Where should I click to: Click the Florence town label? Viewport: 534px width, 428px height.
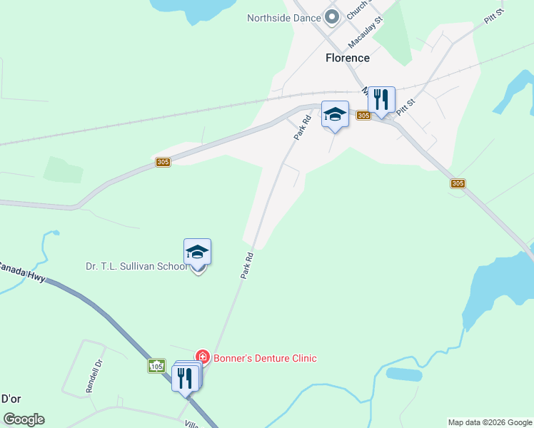tap(348, 58)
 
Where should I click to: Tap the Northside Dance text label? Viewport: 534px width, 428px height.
tap(283, 18)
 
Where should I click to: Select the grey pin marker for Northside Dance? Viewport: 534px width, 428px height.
tap(331, 16)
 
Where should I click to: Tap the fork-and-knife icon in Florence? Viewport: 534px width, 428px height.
tap(381, 99)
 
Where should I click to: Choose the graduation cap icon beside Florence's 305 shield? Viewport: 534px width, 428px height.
tap(335, 114)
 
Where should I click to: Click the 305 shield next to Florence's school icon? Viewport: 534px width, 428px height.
tap(363, 116)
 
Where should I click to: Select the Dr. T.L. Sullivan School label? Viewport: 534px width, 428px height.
tap(136, 267)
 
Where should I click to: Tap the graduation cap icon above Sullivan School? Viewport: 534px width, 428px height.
tap(197, 251)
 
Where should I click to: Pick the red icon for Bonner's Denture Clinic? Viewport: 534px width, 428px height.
tap(203, 357)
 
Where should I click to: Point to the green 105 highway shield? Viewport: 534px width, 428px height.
tap(157, 366)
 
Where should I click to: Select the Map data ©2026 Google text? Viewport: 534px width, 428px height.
tap(490, 422)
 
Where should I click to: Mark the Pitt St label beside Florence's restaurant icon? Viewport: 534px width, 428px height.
tap(405, 108)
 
